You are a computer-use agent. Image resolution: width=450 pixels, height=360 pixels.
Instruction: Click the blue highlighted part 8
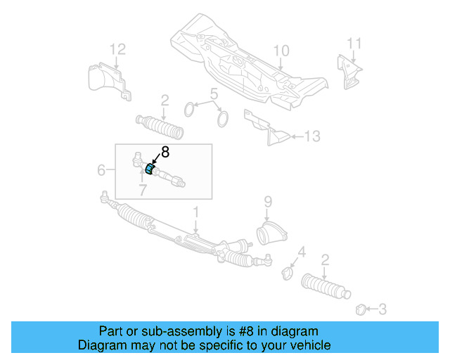[x=149, y=169]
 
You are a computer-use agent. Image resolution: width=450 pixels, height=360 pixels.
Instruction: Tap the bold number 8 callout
[x=165, y=151]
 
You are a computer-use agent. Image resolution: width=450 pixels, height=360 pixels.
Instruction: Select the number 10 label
[x=281, y=50]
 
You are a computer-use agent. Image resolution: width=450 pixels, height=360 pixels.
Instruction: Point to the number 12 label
[x=117, y=49]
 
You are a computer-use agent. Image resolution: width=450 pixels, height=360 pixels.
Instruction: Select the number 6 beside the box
[x=101, y=170]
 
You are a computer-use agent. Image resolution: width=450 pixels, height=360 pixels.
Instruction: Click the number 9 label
[x=268, y=201]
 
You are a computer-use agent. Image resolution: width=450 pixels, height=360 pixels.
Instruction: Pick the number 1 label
[x=197, y=211]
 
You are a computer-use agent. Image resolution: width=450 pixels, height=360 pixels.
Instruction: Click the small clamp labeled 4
[x=287, y=271]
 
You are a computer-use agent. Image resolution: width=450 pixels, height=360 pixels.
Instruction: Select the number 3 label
[x=382, y=309]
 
